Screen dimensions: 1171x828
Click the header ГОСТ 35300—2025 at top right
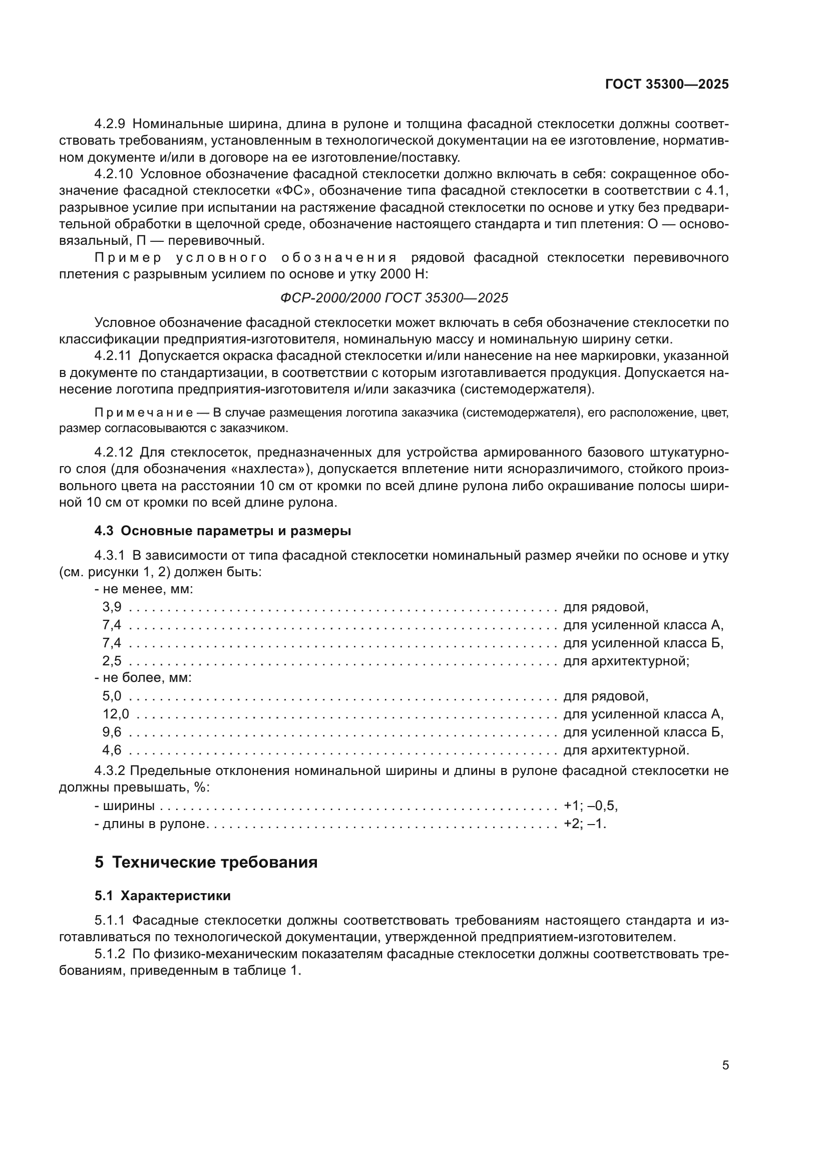(667, 85)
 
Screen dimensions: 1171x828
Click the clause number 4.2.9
(110, 124)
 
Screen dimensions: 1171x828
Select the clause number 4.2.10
(113, 174)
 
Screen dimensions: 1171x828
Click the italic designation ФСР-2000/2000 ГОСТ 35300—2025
(394, 298)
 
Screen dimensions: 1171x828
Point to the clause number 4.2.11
(113, 356)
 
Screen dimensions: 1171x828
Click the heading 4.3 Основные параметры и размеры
(223, 531)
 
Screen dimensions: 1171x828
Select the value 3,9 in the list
(112, 607)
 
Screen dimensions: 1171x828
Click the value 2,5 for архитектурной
(112, 661)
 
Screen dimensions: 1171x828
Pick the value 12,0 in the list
(116, 714)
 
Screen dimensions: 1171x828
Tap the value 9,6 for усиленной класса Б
(112, 732)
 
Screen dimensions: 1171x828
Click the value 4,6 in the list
(112, 750)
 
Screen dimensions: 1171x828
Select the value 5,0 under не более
(112, 696)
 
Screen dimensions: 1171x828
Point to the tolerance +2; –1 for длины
(584, 824)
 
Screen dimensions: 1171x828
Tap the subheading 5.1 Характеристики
(162, 896)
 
